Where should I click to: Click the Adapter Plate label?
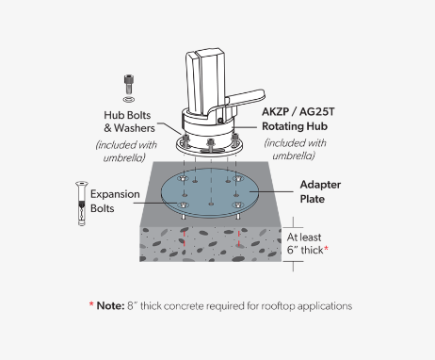point(320,191)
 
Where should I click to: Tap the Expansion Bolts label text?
point(115,201)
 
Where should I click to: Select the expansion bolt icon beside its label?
point(82,204)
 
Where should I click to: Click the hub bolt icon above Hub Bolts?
point(128,84)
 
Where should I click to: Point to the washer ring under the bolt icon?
point(129,100)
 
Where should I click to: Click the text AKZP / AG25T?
point(298,111)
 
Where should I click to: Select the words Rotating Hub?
point(295,126)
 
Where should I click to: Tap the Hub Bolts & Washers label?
point(129,122)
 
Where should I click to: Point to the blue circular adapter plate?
point(210,192)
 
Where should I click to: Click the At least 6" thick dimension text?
point(304,243)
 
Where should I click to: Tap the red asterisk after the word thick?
point(326,249)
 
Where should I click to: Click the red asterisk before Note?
point(91,304)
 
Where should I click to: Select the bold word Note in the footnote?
point(110,305)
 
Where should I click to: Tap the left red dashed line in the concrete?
point(184,238)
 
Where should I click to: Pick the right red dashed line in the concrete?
point(239,238)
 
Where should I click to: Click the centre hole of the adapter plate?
point(211,204)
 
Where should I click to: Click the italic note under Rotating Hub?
point(295,149)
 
